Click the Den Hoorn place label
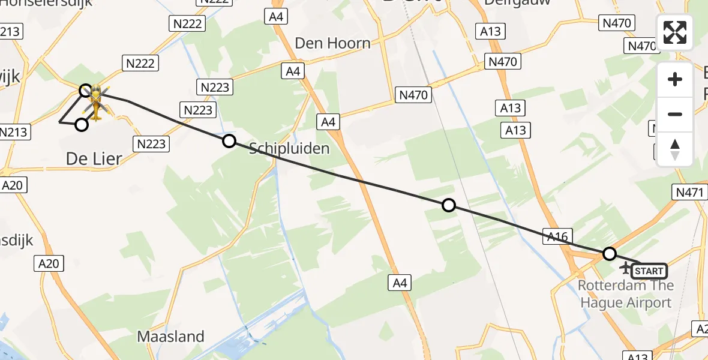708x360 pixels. tap(332, 43)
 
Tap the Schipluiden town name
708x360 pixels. tap(289, 148)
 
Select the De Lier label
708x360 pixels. tap(94, 159)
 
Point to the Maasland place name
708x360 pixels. tap(171, 337)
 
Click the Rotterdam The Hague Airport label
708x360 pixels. tap(626, 293)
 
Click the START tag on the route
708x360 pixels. tap(649, 271)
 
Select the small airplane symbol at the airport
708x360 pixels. tap(626, 266)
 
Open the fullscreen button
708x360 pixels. tap(675, 32)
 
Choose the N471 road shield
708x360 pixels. tap(688, 192)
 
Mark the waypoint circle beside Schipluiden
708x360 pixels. tap(229, 141)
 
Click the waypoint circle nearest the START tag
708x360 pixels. tap(609, 254)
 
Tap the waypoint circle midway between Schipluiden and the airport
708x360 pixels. tap(448, 206)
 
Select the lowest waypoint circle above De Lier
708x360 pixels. tap(82, 125)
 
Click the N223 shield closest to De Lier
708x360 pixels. tap(151, 144)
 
